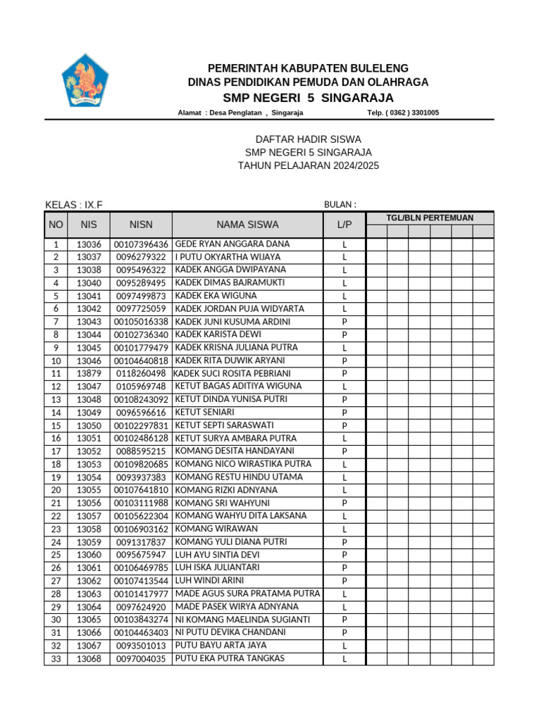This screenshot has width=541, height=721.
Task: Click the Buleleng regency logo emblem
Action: tap(85, 80)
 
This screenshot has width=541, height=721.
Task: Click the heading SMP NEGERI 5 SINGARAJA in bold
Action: tap(308, 97)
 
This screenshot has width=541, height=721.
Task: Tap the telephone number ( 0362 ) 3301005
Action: tap(403, 113)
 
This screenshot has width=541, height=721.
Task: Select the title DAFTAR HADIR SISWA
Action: tap(307, 139)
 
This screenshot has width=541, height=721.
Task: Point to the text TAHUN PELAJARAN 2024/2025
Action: tap(308, 165)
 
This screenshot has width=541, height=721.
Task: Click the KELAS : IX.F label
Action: tap(74, 205)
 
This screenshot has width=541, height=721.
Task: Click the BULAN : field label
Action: tap(340, 204)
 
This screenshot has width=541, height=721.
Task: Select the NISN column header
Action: tap(141, 225)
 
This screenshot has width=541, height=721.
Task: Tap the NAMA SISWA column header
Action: tap(247, 225)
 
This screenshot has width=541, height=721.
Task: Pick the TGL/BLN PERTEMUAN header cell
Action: tap(430, 218)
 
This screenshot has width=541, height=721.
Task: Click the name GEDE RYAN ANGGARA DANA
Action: tap(232, 244)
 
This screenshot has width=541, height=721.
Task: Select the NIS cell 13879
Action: tap(89, 373)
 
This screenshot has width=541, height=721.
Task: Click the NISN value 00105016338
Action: tap(141, 322)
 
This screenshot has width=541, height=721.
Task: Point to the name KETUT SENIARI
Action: tap(206, 412)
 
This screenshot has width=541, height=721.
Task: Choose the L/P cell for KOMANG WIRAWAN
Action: tap(344, 529)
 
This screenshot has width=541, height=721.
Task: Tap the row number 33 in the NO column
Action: tap(56, 659)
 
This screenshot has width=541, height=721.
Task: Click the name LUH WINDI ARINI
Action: tap(209, 581)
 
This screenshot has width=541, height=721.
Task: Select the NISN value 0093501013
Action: tap(141, 646)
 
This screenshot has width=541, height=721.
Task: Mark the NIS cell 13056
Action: tap(89, 503)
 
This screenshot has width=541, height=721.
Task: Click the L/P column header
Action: tap(344, 225)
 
